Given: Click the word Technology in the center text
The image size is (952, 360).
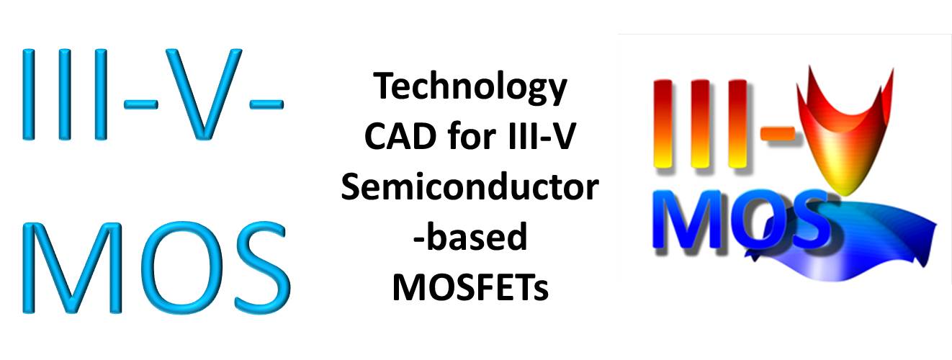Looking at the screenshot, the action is click(x=470, y=88).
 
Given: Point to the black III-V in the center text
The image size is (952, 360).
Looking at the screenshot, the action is click(x=542, y=136).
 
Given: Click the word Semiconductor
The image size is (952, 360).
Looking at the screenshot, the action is click(x=470, y=187).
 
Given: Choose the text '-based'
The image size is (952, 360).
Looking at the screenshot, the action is click(x=470, y=236).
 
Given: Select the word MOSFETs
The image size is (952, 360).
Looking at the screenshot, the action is click(x=470, y=287).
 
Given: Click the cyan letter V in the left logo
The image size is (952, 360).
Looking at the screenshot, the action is click(x=204, y=94).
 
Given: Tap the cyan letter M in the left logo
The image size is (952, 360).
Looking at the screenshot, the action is click(x=72, y=268).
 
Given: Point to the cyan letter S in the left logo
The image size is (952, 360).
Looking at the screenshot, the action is click(x=262, y=268).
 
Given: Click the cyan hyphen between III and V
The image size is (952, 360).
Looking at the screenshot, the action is click(x=140, y=104).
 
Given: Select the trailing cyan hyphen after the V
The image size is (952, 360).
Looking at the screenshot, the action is click(x=266, y=104).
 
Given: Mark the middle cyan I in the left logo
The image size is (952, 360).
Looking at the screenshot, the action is click(x=65, y=94).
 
